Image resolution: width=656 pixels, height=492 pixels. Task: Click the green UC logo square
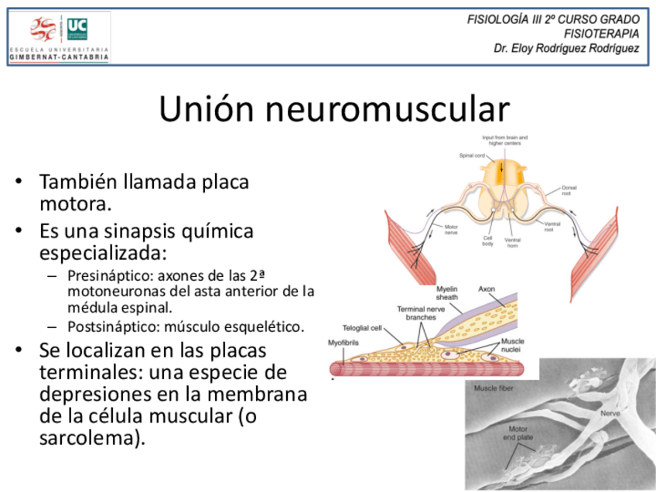(x=77, y=29)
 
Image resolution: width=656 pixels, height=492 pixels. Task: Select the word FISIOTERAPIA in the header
(x=601, y=33)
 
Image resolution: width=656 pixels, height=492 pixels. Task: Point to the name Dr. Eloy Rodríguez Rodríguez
(x=567, y=48)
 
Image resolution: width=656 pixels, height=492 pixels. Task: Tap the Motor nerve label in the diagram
(x=451, y=229)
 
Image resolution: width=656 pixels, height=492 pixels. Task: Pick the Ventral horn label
(x=512, y=243)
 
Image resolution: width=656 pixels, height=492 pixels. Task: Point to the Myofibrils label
(x=343, y=343)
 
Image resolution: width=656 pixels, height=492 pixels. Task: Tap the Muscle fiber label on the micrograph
(x=492, y=388)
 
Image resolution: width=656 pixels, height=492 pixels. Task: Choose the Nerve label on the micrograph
(x=610, y=413)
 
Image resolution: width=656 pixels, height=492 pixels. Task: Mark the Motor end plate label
(x=519, y=433)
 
